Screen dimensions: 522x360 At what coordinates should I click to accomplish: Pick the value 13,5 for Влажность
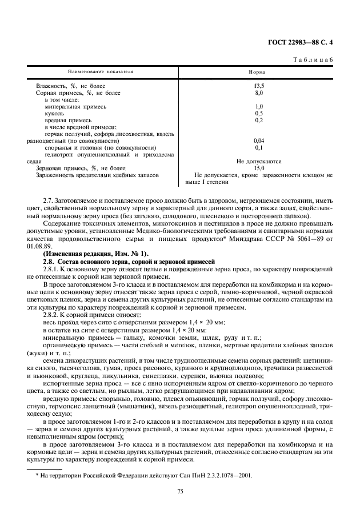coord(259,86)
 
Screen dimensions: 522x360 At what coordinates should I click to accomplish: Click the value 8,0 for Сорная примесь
coord(259,93)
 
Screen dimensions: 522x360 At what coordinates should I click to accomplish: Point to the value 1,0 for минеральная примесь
coord(259,106)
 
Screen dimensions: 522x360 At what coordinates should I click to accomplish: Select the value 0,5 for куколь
coord(259,113)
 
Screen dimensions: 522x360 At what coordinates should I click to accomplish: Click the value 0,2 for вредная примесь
coord(259,120)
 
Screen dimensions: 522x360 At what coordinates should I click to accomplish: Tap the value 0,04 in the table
coord(259,140)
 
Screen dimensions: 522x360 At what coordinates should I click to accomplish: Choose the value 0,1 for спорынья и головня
coord(259,147)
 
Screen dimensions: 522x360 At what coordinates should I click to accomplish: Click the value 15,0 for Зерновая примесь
coord(259,168)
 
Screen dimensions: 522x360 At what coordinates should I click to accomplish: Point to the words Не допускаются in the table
coord(259,161)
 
